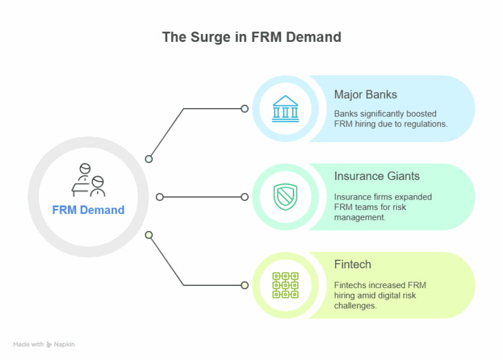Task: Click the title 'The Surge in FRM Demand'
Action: coord(251,37)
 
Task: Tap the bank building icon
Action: coord(285,109)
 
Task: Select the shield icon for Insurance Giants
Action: coord(285,197)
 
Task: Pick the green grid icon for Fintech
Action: coord(285,285)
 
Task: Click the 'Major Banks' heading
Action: coord(364,94)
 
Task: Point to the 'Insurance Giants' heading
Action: coord(377,176)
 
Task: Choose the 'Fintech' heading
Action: coord(352,264)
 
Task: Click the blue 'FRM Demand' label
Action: coord(88,210)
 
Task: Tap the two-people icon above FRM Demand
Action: coord(88,180)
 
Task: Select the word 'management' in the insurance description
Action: coord(360,217)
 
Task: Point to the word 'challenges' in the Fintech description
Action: coord(355,306)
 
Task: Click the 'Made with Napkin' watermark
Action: coord(44,344)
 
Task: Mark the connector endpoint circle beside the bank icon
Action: coord(245,109)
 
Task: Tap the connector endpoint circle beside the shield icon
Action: coord(245,197)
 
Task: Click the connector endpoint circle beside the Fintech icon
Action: coord(245,285)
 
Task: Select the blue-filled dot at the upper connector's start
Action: coord(149,159)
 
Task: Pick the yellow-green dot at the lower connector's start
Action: coord(149,234)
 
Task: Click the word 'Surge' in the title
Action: coord(208,37)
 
